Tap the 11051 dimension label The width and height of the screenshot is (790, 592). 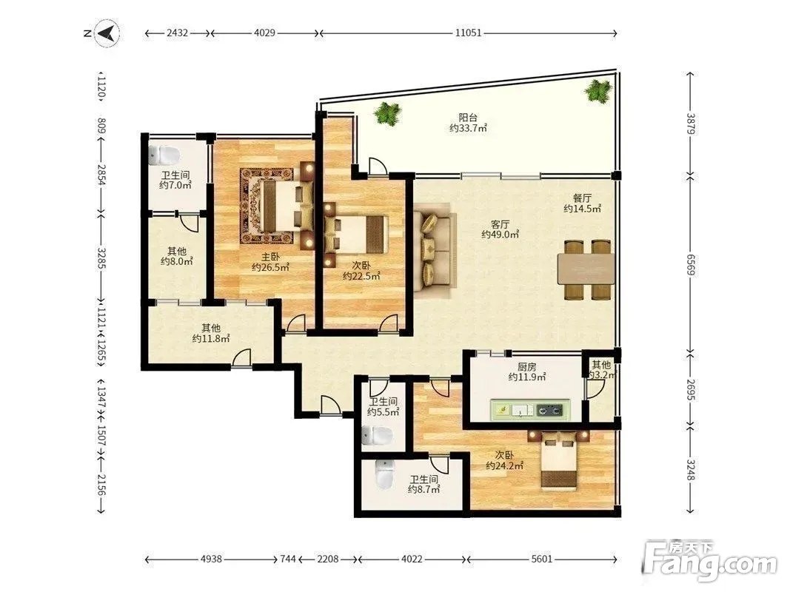tap(468, 33)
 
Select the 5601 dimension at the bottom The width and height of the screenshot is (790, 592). tap(542, 559)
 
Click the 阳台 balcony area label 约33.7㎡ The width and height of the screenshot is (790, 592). tap(468, 128)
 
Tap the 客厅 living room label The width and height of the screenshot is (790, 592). tap(500, 224)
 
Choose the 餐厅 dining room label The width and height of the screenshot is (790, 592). tap(582, 198)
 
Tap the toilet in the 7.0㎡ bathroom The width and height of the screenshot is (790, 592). tap(164, 155)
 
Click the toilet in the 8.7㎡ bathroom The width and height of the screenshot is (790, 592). tap(384, 474)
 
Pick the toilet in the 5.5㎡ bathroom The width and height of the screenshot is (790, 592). tap(376, 436)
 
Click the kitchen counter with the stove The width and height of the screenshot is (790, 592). tap(530, 410)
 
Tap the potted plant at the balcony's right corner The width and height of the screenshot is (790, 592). tap(598, 90)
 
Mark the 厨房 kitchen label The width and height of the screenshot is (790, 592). tap(526, 367)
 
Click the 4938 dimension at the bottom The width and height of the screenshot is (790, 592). tap(211, 559)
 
